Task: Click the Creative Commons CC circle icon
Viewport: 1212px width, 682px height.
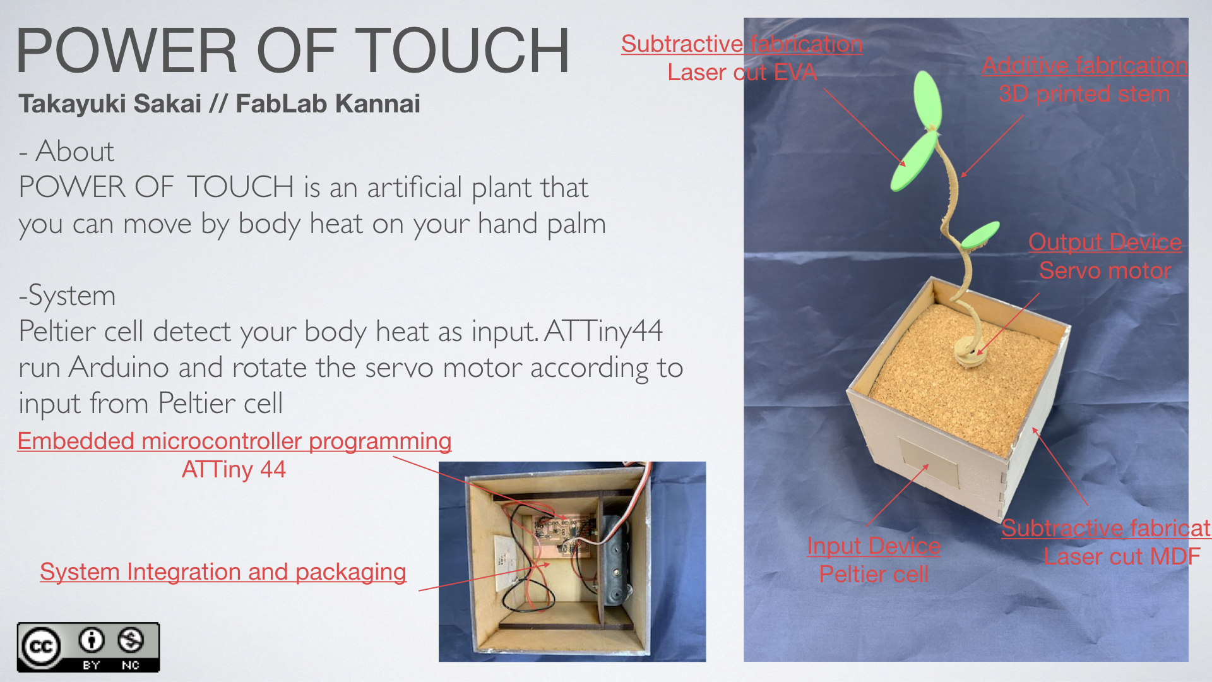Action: pyautogui.click(x=41, y=647)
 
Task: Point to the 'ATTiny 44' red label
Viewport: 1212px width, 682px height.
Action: pyautogui.click(x=234, y=469)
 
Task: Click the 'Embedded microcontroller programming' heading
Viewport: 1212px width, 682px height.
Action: pyautogui.click(x=234, y=441)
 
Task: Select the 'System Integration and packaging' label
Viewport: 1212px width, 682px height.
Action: pyautogui.click(x=223, y=571)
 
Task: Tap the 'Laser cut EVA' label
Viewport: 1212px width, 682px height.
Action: pyautogui.click(x=742, y=72)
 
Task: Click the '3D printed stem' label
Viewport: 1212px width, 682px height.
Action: pyautogui.click(x=1084, y=94)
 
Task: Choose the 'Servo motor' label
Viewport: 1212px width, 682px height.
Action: pyautogui.click(x=1105, y=270)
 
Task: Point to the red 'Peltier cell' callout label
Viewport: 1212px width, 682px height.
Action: pyautogui.click(x=874, y=574)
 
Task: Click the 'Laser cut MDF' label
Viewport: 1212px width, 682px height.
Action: pyautogui.click(x=1122, y=556)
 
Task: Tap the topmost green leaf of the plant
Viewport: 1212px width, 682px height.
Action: pyautogui.click(x=927, y=99)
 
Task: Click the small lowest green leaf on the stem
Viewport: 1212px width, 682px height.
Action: pyautogui.click(x=980, y=235)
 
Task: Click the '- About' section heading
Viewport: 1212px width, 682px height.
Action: pyautogui.click(x=66, y=152)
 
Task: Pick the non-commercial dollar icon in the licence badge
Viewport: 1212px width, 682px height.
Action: pyautogui.click(x=131, y=640)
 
